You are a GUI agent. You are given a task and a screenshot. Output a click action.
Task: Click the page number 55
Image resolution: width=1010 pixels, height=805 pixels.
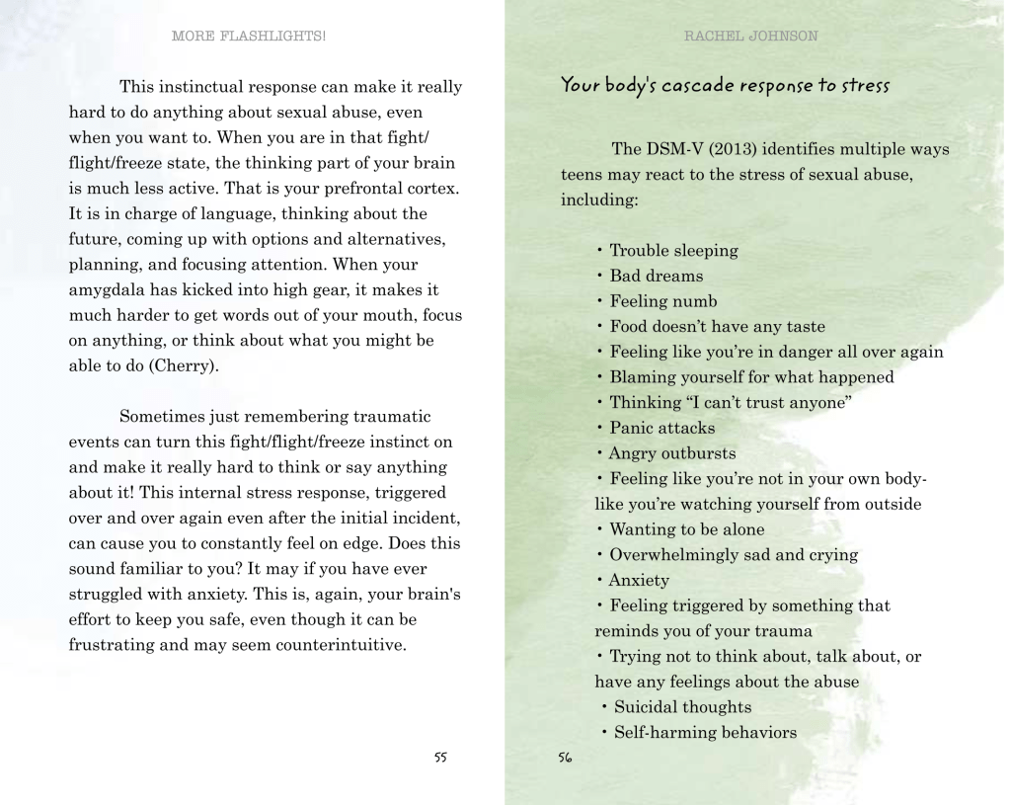pyautogui.click(x=440, y=758)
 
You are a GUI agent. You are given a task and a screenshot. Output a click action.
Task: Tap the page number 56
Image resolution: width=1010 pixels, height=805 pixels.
pyautogui.click(x=565, y=758)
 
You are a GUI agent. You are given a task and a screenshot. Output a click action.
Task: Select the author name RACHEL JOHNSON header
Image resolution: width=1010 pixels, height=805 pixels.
pyautogui.click(x=750, y=37)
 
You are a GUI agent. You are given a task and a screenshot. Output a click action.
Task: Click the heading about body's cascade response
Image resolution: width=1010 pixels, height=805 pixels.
pyautogui.click(x=725, y=85)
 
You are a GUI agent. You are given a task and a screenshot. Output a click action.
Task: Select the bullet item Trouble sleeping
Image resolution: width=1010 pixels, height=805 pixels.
pyautogui.click(x=672, y=251)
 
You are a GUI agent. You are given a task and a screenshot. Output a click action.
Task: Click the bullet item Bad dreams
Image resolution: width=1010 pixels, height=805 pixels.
pyautogui.click(x=656, y=276)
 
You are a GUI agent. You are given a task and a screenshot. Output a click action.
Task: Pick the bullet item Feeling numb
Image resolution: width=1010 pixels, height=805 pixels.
pyautogui.click(x=662, y=301)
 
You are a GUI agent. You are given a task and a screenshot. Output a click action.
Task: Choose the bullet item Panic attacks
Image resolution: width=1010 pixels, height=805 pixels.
pyautogui.click(x=661, y=428)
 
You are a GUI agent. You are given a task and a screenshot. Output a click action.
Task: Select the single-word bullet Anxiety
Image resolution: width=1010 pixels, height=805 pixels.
pyautogui.click(x=639, y=580)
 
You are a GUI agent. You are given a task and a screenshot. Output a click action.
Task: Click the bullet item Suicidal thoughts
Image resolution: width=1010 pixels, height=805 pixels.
pyautogui.click(x=681, y=706)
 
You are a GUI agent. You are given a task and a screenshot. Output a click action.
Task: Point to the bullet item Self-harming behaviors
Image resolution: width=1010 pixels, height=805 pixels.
pyautogui.click(x=704, y=732)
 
